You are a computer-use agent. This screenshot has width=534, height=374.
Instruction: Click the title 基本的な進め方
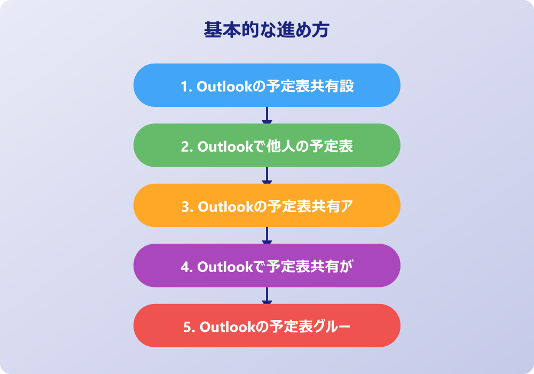coord(266,29)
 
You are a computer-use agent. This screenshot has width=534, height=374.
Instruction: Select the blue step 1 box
coord(266,85)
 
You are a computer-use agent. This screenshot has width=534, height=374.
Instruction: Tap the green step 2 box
coord(266,145)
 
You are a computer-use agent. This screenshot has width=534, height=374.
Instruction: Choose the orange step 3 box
coord(266,205)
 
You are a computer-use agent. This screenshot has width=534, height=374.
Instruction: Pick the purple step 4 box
coord(266,266)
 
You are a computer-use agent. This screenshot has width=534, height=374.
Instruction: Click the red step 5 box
coord(266,325)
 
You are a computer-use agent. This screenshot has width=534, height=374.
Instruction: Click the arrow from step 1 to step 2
coord(266,115)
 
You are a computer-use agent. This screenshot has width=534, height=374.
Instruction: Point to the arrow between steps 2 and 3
coord(266,175)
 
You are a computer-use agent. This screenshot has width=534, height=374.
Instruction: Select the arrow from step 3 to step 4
coord(266,236)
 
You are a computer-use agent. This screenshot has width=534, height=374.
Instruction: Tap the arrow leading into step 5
coord(266,295)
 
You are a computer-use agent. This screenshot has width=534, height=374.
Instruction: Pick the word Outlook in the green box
coord(225,147)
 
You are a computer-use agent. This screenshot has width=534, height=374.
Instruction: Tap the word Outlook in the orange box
coord(226,207)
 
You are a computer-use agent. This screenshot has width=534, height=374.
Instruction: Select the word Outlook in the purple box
coord(225,267)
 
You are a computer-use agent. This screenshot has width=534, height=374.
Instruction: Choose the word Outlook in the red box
coord(227,327)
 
